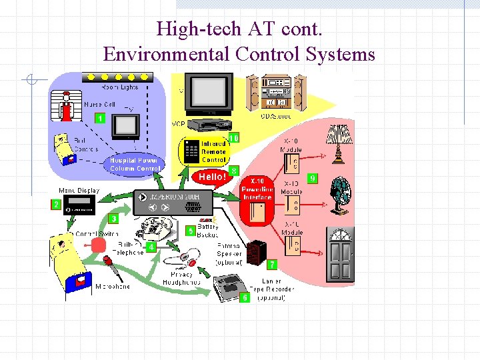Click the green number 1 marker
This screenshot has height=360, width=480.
click(100, 118)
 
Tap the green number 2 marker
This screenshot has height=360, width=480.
click(56, 205)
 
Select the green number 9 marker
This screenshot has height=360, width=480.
click(312, 179)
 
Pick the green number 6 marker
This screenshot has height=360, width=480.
click(245, 297)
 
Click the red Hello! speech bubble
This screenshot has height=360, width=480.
click(212, 177)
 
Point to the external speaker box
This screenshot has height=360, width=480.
click(254, 253)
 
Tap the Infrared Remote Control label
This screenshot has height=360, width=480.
click(213, 152)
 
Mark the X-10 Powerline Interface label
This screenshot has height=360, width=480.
click(257, 189)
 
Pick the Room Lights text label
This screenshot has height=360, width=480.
click(119, 87)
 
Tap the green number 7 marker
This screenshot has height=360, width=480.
click(272, 265)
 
